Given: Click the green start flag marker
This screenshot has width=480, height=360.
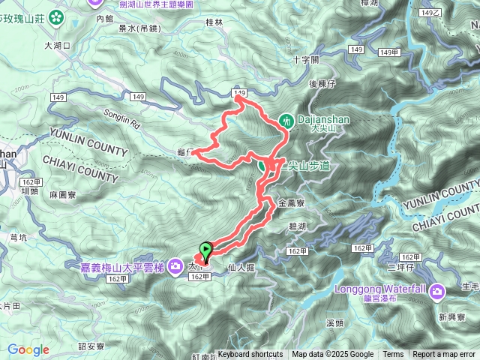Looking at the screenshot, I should point(205,250).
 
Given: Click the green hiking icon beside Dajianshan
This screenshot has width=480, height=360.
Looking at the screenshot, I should point(286,120).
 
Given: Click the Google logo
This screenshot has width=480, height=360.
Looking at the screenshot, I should point(28,349).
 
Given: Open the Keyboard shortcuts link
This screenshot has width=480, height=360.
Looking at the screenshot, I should point(250,355).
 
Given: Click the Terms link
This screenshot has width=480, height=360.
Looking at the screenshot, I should point(393,355).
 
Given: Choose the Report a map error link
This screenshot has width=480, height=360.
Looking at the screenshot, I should point(444,355).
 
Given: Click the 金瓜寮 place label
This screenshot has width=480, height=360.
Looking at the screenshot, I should point(290,202).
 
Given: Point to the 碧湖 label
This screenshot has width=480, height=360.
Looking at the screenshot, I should point(296,225).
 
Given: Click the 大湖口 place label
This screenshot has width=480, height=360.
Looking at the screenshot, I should point(57,45).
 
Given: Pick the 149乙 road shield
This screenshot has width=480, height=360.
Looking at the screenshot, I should point(430,13).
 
